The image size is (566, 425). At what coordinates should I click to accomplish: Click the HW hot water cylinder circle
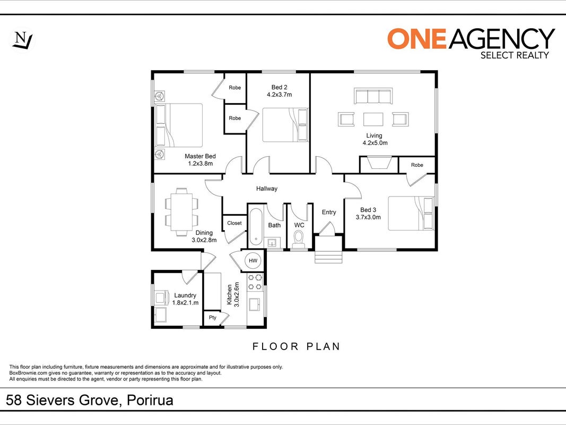253,260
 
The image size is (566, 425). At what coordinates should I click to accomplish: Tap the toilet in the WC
299,239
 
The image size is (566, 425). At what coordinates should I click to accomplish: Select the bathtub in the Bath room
256,226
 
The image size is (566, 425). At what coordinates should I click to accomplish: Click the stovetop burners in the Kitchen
255,282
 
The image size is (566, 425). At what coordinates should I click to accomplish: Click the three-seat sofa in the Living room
373,96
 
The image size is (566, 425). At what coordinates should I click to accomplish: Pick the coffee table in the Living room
373,119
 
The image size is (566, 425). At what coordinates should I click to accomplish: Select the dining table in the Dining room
181,212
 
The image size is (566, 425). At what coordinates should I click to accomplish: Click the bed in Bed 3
411,213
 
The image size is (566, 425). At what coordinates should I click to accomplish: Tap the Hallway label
267,189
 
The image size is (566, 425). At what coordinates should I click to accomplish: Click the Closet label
234,223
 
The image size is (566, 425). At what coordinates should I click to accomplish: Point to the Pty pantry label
213,318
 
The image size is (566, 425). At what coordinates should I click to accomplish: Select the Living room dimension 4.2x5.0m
375,143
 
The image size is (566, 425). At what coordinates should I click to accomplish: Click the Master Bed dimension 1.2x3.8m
201,163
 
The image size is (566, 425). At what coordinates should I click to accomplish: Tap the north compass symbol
22,40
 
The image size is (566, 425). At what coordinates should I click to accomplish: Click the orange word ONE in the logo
417,39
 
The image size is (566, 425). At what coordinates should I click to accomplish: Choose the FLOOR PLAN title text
296,346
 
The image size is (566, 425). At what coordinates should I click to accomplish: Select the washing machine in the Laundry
160,297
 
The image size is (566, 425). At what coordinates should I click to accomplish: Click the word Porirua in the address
150,400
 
